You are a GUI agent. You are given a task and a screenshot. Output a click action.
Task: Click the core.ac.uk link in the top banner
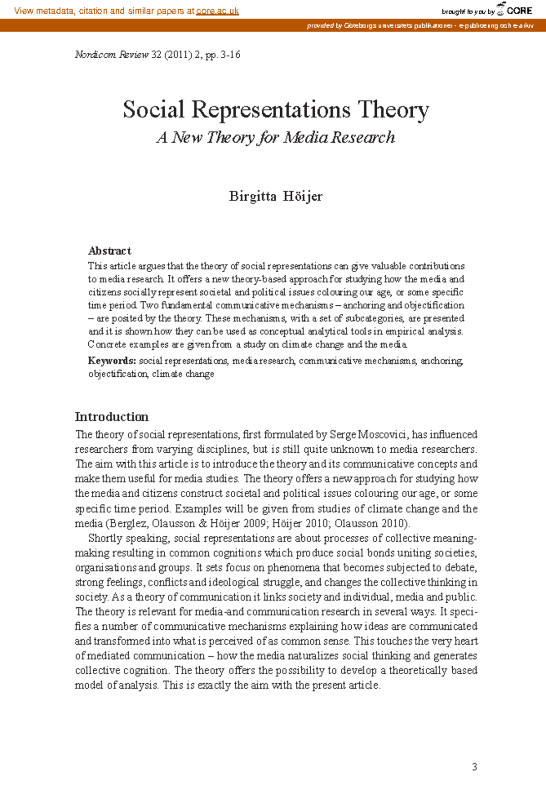click(x=217, y=11)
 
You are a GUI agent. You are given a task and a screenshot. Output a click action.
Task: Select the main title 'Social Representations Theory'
click(x=276, y=110)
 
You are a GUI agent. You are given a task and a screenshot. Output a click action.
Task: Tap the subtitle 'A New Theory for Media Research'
click(x=275, y=137)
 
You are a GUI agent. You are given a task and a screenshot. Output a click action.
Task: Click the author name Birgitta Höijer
click(x=276, y=196)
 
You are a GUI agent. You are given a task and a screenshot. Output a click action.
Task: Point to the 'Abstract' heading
click(x=109, y=251)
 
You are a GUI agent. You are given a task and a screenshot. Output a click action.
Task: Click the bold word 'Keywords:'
click(x=112, y=361)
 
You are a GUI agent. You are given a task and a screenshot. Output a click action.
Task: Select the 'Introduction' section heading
click(x=111, y=417)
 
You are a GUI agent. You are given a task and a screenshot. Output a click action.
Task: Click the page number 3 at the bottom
click(x=475, y=767)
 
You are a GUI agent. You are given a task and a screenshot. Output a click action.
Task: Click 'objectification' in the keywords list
click(x=117, y=374)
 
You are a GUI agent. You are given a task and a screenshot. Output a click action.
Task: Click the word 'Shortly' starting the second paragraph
click(x=106, y=538)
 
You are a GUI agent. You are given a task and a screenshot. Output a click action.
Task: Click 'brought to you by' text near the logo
click(x=468, y=12)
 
